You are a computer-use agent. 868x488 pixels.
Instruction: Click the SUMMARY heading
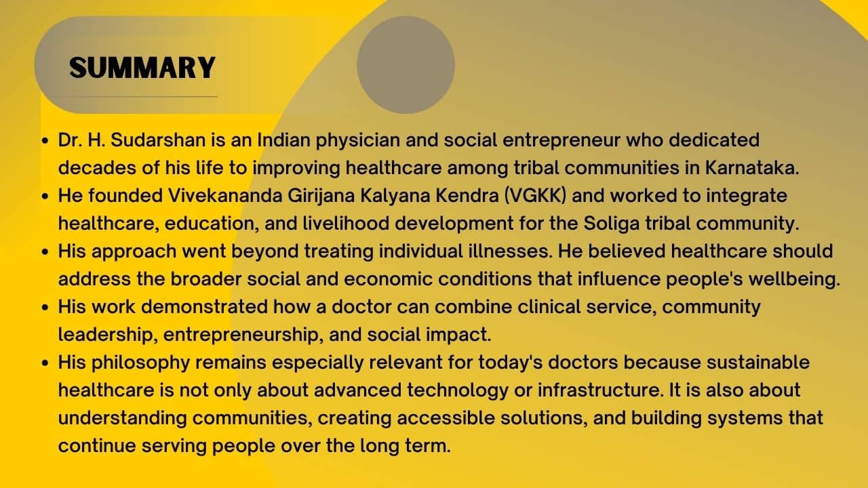pyautogui.click(x=142, y=68)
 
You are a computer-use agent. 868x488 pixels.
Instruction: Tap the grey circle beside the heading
pyautogui.click(x=406, y=64)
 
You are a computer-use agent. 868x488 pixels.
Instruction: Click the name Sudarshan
pyautogui.click(x=158, y=140)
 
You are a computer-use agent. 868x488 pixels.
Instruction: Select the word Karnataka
pyautogui.click(x=752, y=167)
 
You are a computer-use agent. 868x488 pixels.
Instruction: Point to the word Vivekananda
pyautogui.click(x=225, y=195)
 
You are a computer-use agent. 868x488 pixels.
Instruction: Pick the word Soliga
pyautogui.click(x=612, y=224)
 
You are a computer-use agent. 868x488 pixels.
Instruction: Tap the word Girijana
pyautogui.click(x=321, y=196)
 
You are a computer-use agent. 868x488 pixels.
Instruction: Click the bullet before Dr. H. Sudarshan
pyautogui.click(x=45, y=140)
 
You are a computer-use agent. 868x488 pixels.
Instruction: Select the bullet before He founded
pyautogui.click(x=45, y=196)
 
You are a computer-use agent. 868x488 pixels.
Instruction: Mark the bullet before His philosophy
pyautogui.click(x=45, y=363)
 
